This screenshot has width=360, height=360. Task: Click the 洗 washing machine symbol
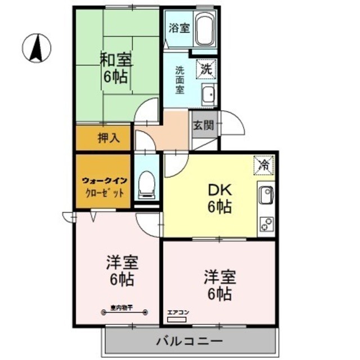[x=205, y=71]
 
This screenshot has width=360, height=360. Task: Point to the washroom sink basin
[x=209, y=96]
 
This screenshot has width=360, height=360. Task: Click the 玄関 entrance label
[x=203, y=125]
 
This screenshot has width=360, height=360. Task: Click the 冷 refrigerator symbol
[x=264, y=165]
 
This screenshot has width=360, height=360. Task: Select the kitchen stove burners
[x=265, y=223]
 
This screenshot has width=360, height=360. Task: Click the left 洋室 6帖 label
[x=123, y=271]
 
